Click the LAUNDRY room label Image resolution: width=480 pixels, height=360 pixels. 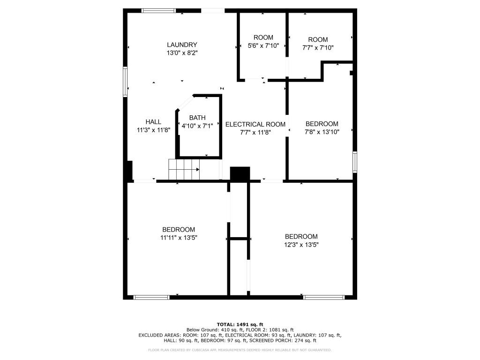tap(182, 45)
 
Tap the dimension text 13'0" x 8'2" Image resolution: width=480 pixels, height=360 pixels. tap(182, 53)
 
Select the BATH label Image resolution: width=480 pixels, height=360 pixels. tap(197, 118)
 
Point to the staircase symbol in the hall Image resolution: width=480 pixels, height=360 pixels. tap(184, 169)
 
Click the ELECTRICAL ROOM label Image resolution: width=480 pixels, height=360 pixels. tap(255, 124)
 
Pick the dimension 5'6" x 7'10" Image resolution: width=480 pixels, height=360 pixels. tap(263, 46)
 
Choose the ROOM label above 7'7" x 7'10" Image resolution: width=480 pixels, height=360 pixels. tap(318, 40)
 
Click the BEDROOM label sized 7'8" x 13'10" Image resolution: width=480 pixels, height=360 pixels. tap(322, 124)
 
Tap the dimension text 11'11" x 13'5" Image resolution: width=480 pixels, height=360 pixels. tap(178, 238)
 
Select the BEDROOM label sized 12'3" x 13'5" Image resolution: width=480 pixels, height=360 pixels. tap(301, 237)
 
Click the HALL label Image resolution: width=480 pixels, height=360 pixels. tap(153, 122)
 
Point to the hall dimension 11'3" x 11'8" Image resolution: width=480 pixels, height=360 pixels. tap(153, 130)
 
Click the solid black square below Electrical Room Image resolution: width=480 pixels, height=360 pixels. tap(240, 173)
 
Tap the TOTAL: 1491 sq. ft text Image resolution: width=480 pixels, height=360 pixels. tap(240, 324)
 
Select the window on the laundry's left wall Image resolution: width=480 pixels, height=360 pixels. tap(125, 82)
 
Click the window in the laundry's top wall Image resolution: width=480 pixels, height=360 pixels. tap(158, 10)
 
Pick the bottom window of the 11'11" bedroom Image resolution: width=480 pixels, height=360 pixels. tap(151, 297)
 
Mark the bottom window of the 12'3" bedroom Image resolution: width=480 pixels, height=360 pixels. tap(324, 297)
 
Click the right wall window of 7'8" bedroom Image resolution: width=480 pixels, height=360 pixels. tap(355, 162)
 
